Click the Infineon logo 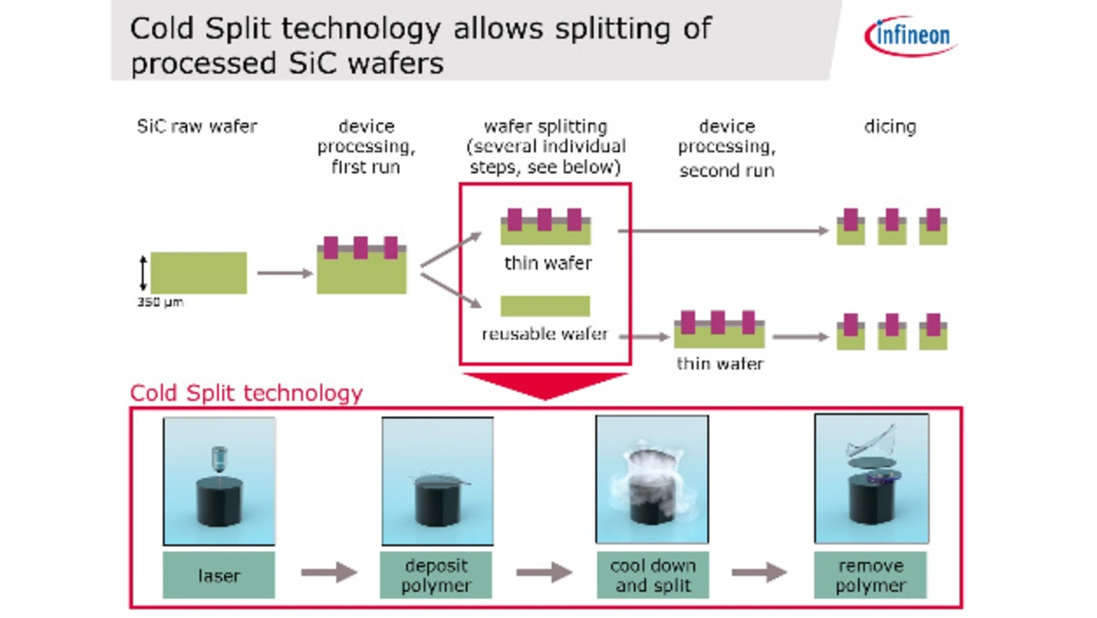[911, 36]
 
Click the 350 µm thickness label [160, 303]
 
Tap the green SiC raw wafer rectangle [198, 273]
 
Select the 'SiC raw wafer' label [197, 126]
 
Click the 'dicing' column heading [890, 127]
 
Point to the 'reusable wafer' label [544, 334]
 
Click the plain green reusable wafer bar [545, 306]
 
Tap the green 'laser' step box [219, 575]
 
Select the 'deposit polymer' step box [436, 575]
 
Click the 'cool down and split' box [653, 575]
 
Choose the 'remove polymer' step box [871, 575]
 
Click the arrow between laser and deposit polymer [328, 572]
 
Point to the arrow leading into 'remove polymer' [759, 572]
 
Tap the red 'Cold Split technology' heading [246, 393]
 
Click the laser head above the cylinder [219, 459]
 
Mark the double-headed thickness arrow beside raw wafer [143, 273]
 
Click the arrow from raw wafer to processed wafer [285, 273]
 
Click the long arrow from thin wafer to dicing [723, 231]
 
